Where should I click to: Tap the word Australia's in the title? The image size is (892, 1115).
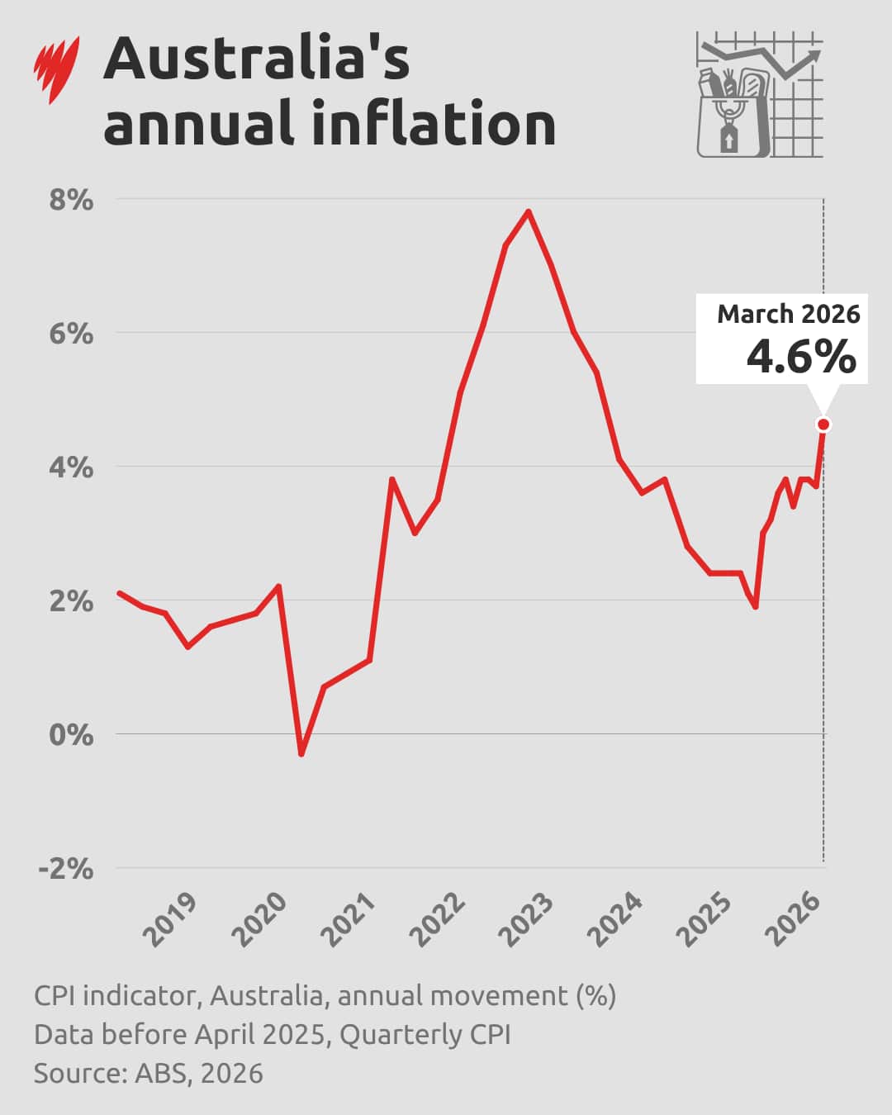tap(256, 59)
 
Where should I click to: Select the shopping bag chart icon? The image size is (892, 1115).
tap(759, 95)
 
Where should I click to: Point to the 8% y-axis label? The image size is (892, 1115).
tap(71, 200)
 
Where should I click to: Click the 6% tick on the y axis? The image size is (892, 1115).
tap(71, 334)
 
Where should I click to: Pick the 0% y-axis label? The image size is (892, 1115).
tap(71, 734)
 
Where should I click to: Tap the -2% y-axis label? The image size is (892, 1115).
tap(66, 868)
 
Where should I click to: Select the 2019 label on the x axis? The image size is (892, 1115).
tap(170, 918)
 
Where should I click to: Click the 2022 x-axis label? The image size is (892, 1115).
tap(438, 918)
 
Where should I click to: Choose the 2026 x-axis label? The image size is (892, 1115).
tap(794, 918)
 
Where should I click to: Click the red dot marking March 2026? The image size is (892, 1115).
tap(823, 425)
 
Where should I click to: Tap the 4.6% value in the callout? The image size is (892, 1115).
tap(800, 357)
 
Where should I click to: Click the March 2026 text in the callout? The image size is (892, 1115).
tap(788, 315)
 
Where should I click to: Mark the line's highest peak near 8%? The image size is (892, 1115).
tap(529, 211)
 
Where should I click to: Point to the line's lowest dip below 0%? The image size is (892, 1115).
tap(301, 753)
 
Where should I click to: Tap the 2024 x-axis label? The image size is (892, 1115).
tap(615, 918)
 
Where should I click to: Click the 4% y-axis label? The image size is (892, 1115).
tap(71, 467)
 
